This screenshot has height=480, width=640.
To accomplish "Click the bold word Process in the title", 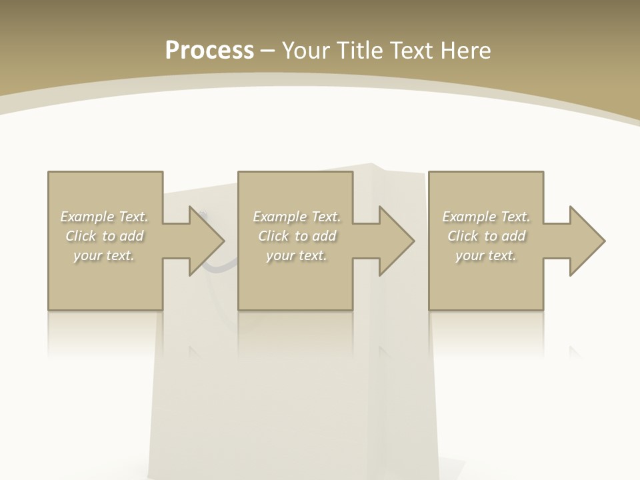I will coord(209,51).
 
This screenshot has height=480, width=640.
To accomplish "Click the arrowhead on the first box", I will coord(207,241).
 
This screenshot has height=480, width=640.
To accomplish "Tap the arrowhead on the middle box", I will coord(397,241).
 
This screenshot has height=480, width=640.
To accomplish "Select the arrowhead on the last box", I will coord(587,241).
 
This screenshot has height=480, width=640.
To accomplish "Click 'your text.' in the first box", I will coord(104,255).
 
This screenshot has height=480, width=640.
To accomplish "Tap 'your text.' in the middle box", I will coord(296,255).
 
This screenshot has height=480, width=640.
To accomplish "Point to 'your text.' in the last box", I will coord(486,255).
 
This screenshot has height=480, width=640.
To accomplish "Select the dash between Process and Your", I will coord(267,51).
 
